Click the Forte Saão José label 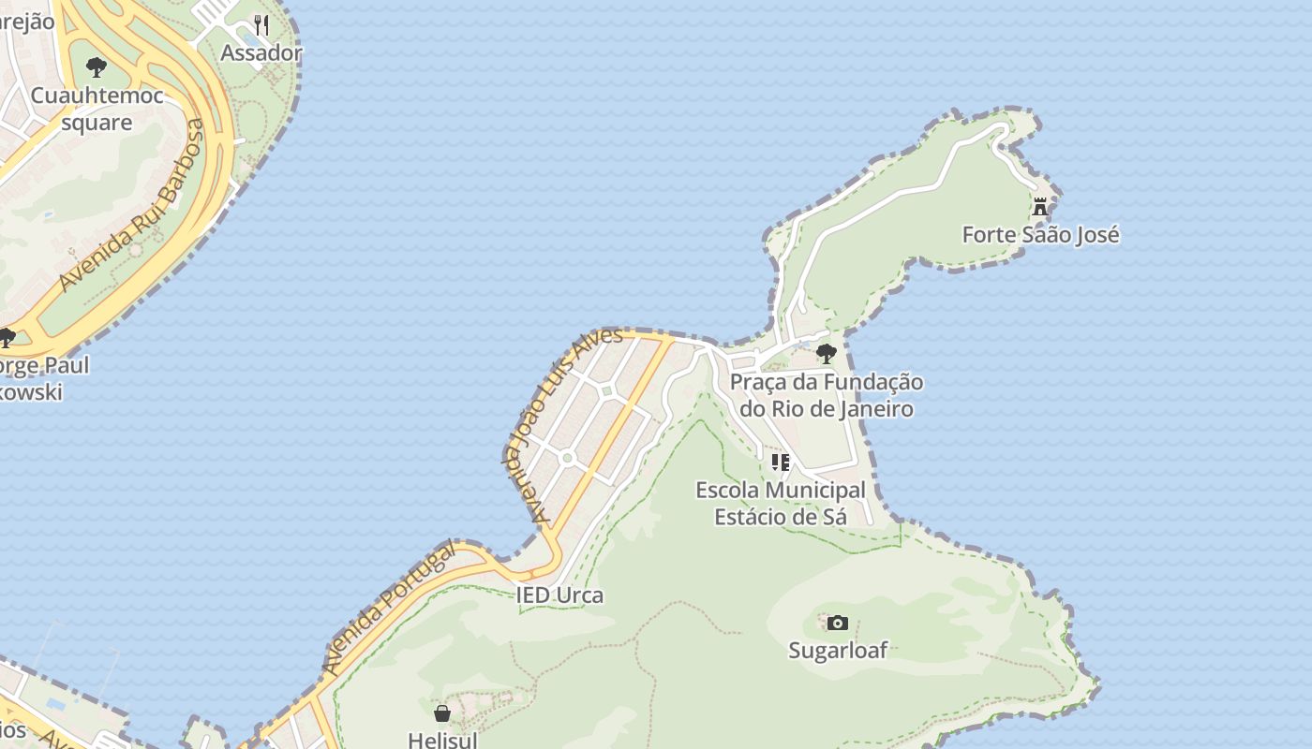pyautogui.click(x=1040, y=234)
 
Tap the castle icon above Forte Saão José pyautogui.click(x=1040, y=207)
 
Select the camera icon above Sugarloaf pyautogui.click(x=838, y=623)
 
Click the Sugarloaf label pyautogui.click(x=838, y=650)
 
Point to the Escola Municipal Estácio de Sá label pyautogui.click(x=781, y=503)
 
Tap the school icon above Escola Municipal pyautogui.click(x=781, y=462)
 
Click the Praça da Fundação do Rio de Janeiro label pyautogui.click(x=826, y=395)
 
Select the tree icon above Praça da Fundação pyautogui.click(x=826, y=353)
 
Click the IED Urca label pyautogui.click(x=559, y=595)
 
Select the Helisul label pyautogui.click(x=442, y=739)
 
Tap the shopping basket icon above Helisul pyautogui.click(x=442, y=713)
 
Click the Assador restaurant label pyautogui.click(x=261, y=52)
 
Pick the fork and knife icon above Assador pyautogui.click(x=261, y=24)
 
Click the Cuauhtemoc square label pyautogui.click(x=97, y=109)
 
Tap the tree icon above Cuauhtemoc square pyautogui.click(x=96, y=66)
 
